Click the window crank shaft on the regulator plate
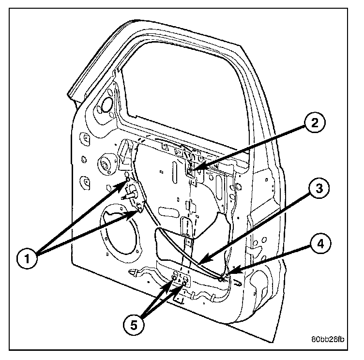131,196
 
